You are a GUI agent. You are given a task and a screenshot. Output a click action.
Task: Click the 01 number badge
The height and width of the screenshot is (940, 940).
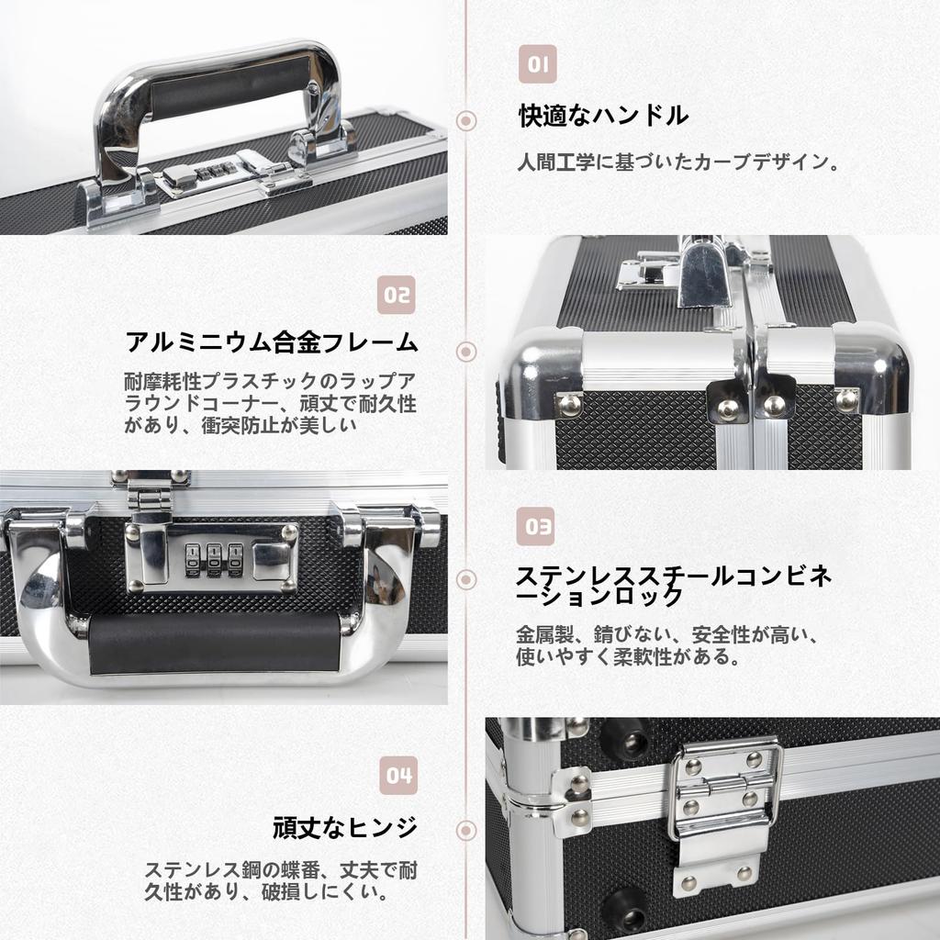(538, 64)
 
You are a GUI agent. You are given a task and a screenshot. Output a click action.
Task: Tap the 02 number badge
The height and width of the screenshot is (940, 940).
(397, 295)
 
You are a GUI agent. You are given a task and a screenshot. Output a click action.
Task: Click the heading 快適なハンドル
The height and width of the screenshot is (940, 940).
(603, 117)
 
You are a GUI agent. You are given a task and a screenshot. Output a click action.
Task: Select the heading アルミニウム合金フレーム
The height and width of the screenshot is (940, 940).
(272, 343)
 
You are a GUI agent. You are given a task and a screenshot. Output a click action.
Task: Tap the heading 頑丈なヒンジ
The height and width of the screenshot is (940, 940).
(345, 827)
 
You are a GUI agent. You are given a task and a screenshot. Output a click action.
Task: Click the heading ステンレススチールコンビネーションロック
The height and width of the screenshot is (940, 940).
(674, 586)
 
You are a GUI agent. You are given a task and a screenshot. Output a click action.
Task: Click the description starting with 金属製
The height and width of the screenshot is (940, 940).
(666, 645)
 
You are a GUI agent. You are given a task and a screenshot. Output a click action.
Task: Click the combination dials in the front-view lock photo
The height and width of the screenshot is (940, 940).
(214, 559)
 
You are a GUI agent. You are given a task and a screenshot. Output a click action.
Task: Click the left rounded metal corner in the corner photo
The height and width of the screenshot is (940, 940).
(542, 376)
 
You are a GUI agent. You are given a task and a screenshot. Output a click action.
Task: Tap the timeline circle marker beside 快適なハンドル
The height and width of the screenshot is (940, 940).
(466, 120)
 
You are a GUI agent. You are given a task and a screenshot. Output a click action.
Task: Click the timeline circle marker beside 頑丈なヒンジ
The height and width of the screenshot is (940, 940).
(466, 830)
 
